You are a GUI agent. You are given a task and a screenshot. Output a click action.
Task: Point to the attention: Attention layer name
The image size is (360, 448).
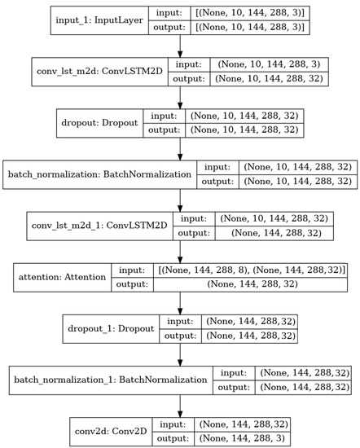point(63,277)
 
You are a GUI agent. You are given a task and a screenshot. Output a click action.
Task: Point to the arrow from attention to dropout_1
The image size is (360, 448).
point(179,300)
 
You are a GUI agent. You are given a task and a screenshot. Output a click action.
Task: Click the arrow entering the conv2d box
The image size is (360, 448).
point(179,401)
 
